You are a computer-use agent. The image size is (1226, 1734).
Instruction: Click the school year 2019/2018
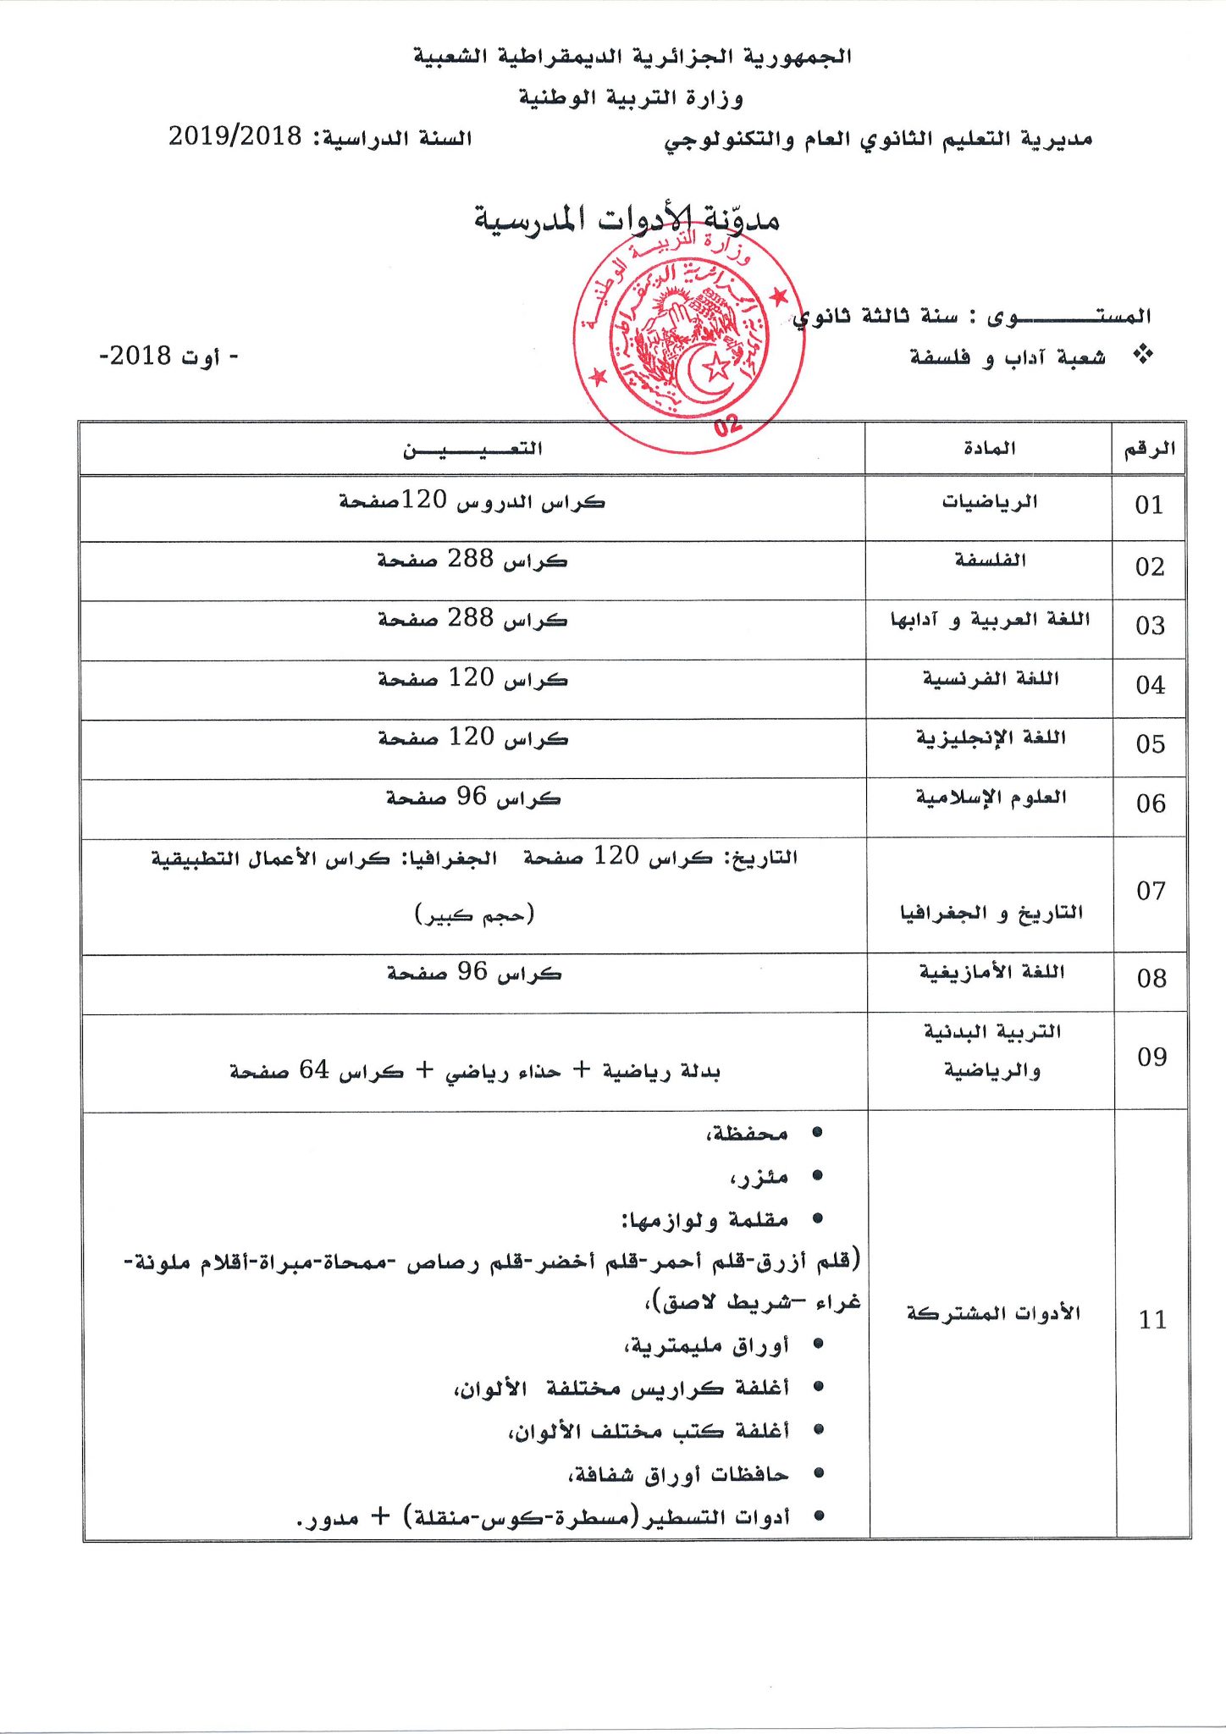point(235,136)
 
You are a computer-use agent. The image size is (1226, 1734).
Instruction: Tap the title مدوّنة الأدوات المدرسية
point(627,220)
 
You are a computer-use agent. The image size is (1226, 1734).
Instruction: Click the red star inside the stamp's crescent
point(717,366)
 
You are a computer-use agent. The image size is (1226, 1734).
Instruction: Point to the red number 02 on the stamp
point(726,425)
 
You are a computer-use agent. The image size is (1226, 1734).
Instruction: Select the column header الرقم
point(1149,449)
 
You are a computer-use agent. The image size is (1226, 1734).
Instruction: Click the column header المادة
point(989,449)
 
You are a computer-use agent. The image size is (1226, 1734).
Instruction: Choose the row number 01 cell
point(1149,505)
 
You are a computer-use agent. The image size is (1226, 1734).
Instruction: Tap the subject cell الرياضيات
point(989,502)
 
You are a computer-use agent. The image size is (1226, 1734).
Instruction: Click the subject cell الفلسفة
point(990,561)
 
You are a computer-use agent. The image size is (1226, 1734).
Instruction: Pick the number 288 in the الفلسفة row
point(471,560)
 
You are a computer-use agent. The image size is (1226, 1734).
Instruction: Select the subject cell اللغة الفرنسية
point(990,679)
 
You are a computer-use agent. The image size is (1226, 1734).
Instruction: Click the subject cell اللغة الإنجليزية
point(990,738)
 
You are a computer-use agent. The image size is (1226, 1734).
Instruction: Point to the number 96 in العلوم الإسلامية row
point(472,797)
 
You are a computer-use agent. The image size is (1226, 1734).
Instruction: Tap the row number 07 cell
point(1151,891)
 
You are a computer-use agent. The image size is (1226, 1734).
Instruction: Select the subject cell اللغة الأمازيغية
point(991,972)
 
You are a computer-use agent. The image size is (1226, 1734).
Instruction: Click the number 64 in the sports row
point(313,1070)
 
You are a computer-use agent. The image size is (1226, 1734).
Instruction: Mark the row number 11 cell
point(1152,1320)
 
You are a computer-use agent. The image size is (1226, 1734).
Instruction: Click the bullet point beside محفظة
point(817,1133)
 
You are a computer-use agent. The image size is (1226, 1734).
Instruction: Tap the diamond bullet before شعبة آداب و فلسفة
point(1143,356)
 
